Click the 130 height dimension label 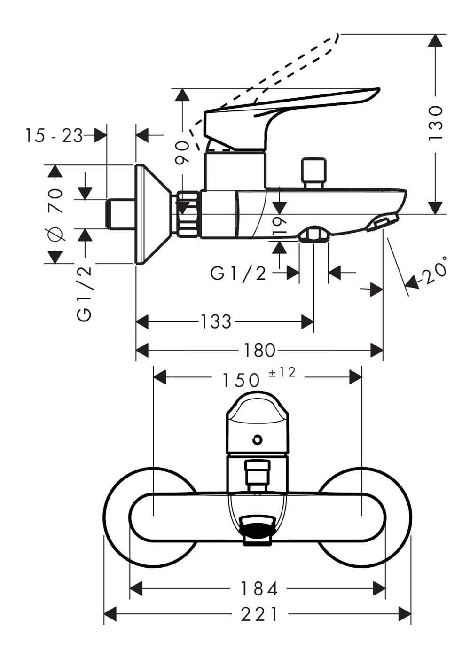(x=436, y=123)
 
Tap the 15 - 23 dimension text (x=55, y=136)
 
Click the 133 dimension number (x=216, y=321)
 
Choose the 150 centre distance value (x=241, y=380)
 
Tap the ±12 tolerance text (x=282, y=373)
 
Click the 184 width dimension (x=259, y=580)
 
